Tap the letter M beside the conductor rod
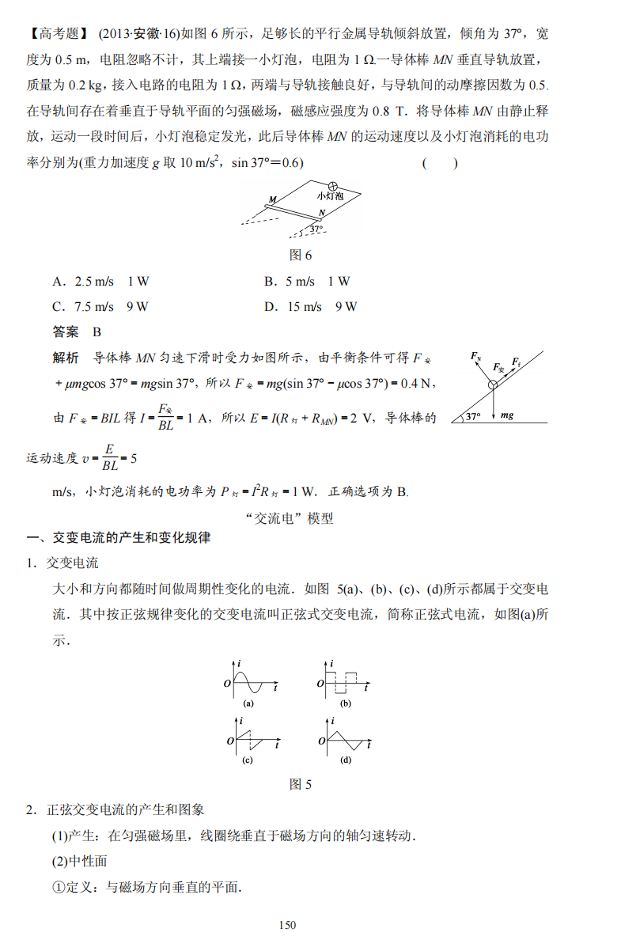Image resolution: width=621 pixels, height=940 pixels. point(272,199)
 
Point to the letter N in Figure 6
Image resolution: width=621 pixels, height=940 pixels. point(322,213)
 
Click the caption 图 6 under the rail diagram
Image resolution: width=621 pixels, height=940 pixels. point(301,255)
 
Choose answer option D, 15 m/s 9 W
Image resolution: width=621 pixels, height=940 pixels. point(311,306)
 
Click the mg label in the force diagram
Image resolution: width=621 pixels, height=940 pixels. point(507,415)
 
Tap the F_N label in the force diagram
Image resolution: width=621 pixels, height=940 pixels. point(475,357)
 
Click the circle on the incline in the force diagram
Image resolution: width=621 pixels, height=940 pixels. point(492,385)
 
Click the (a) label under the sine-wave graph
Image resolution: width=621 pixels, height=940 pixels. point(248,703)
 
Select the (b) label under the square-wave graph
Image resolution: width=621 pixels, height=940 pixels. point(346,703)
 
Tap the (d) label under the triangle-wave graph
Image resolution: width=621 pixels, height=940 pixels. point(346,760)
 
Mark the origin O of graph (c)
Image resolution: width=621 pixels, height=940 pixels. point(230,741)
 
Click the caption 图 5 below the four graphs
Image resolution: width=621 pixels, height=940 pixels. point(301,784)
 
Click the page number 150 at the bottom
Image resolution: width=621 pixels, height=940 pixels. point(287,925)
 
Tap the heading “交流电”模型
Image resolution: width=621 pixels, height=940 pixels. point(290,519)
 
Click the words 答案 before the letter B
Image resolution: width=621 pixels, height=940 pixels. point(66,332)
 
